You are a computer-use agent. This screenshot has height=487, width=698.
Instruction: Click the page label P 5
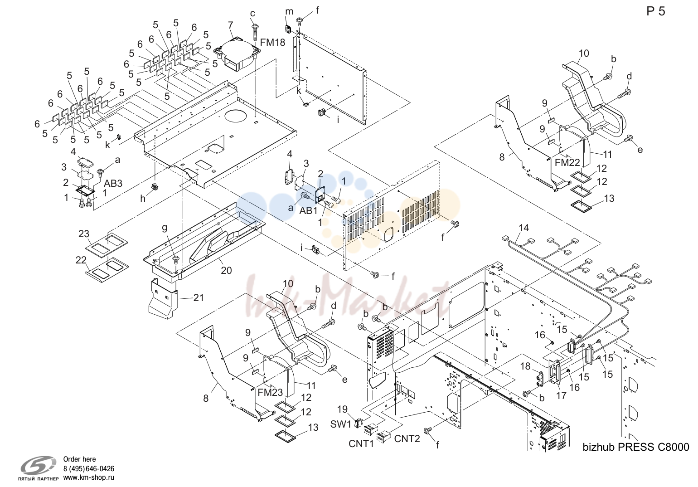[x=655, y=11]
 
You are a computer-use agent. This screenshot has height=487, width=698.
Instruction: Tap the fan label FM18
[x=272, y=43]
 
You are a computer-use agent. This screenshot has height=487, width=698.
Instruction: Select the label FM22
[x=567, y=162]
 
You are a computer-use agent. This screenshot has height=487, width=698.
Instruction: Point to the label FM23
[x=270, y=393]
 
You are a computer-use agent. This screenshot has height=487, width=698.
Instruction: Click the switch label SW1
[x=340, y=424]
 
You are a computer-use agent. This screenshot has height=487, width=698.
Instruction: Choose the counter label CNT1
[x=361, y=443]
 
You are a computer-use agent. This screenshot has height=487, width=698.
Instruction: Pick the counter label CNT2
[x=407, y=438]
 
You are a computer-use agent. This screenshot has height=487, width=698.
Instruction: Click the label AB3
[x=113, y=183]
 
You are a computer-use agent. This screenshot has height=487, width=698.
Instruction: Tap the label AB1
[x=308, y=211]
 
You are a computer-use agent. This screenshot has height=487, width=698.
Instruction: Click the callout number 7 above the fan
[x=230, y=25]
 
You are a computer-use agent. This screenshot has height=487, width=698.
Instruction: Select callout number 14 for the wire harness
[x=523, y=228]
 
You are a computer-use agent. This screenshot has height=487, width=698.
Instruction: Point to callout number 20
[x=226, y=270]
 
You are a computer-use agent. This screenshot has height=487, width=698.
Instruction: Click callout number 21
[x=199, y=298]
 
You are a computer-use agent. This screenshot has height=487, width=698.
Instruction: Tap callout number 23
[x=84, y=234]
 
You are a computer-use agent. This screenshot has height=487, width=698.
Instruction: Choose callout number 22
[x=81, y=260]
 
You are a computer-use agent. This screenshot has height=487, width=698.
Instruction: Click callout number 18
[x=525, y=366]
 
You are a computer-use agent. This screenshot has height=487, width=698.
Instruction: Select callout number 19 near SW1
[x=343, y=409]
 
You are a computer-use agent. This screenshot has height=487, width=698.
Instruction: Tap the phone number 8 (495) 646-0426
[x=89, y=468]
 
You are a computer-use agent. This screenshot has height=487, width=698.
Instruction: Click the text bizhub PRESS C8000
[x=635, y=447]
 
